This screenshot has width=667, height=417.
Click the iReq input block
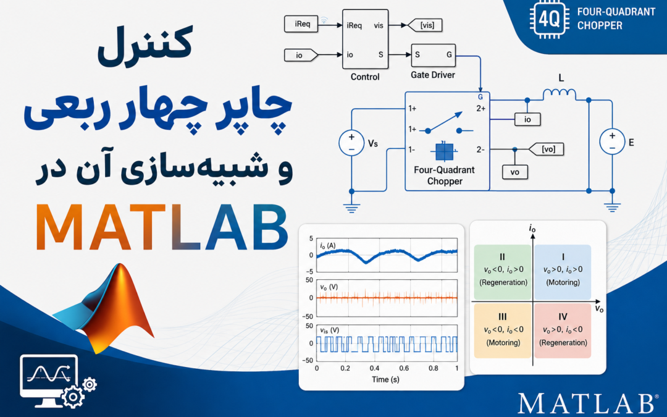[301, 24]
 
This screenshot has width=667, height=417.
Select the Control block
[366, 39]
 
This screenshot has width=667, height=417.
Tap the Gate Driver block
[434, 56]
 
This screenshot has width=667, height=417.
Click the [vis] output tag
[425, 25]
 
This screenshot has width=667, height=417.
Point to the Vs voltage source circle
[351, 143]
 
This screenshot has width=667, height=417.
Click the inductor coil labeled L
[560, 94]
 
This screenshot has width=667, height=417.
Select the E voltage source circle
[612, 141]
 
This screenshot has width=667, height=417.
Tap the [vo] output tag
[547, 149]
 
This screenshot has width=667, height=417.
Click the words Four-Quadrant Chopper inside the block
[444, 175]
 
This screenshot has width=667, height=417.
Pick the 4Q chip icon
[548, 20]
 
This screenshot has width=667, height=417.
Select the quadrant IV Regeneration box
[563, 331]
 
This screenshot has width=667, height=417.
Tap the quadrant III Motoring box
[502, 331]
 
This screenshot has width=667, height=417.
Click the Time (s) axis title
[385, 379]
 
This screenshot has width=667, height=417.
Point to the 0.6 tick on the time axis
[404, 368]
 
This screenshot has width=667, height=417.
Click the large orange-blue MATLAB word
[162, 227]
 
